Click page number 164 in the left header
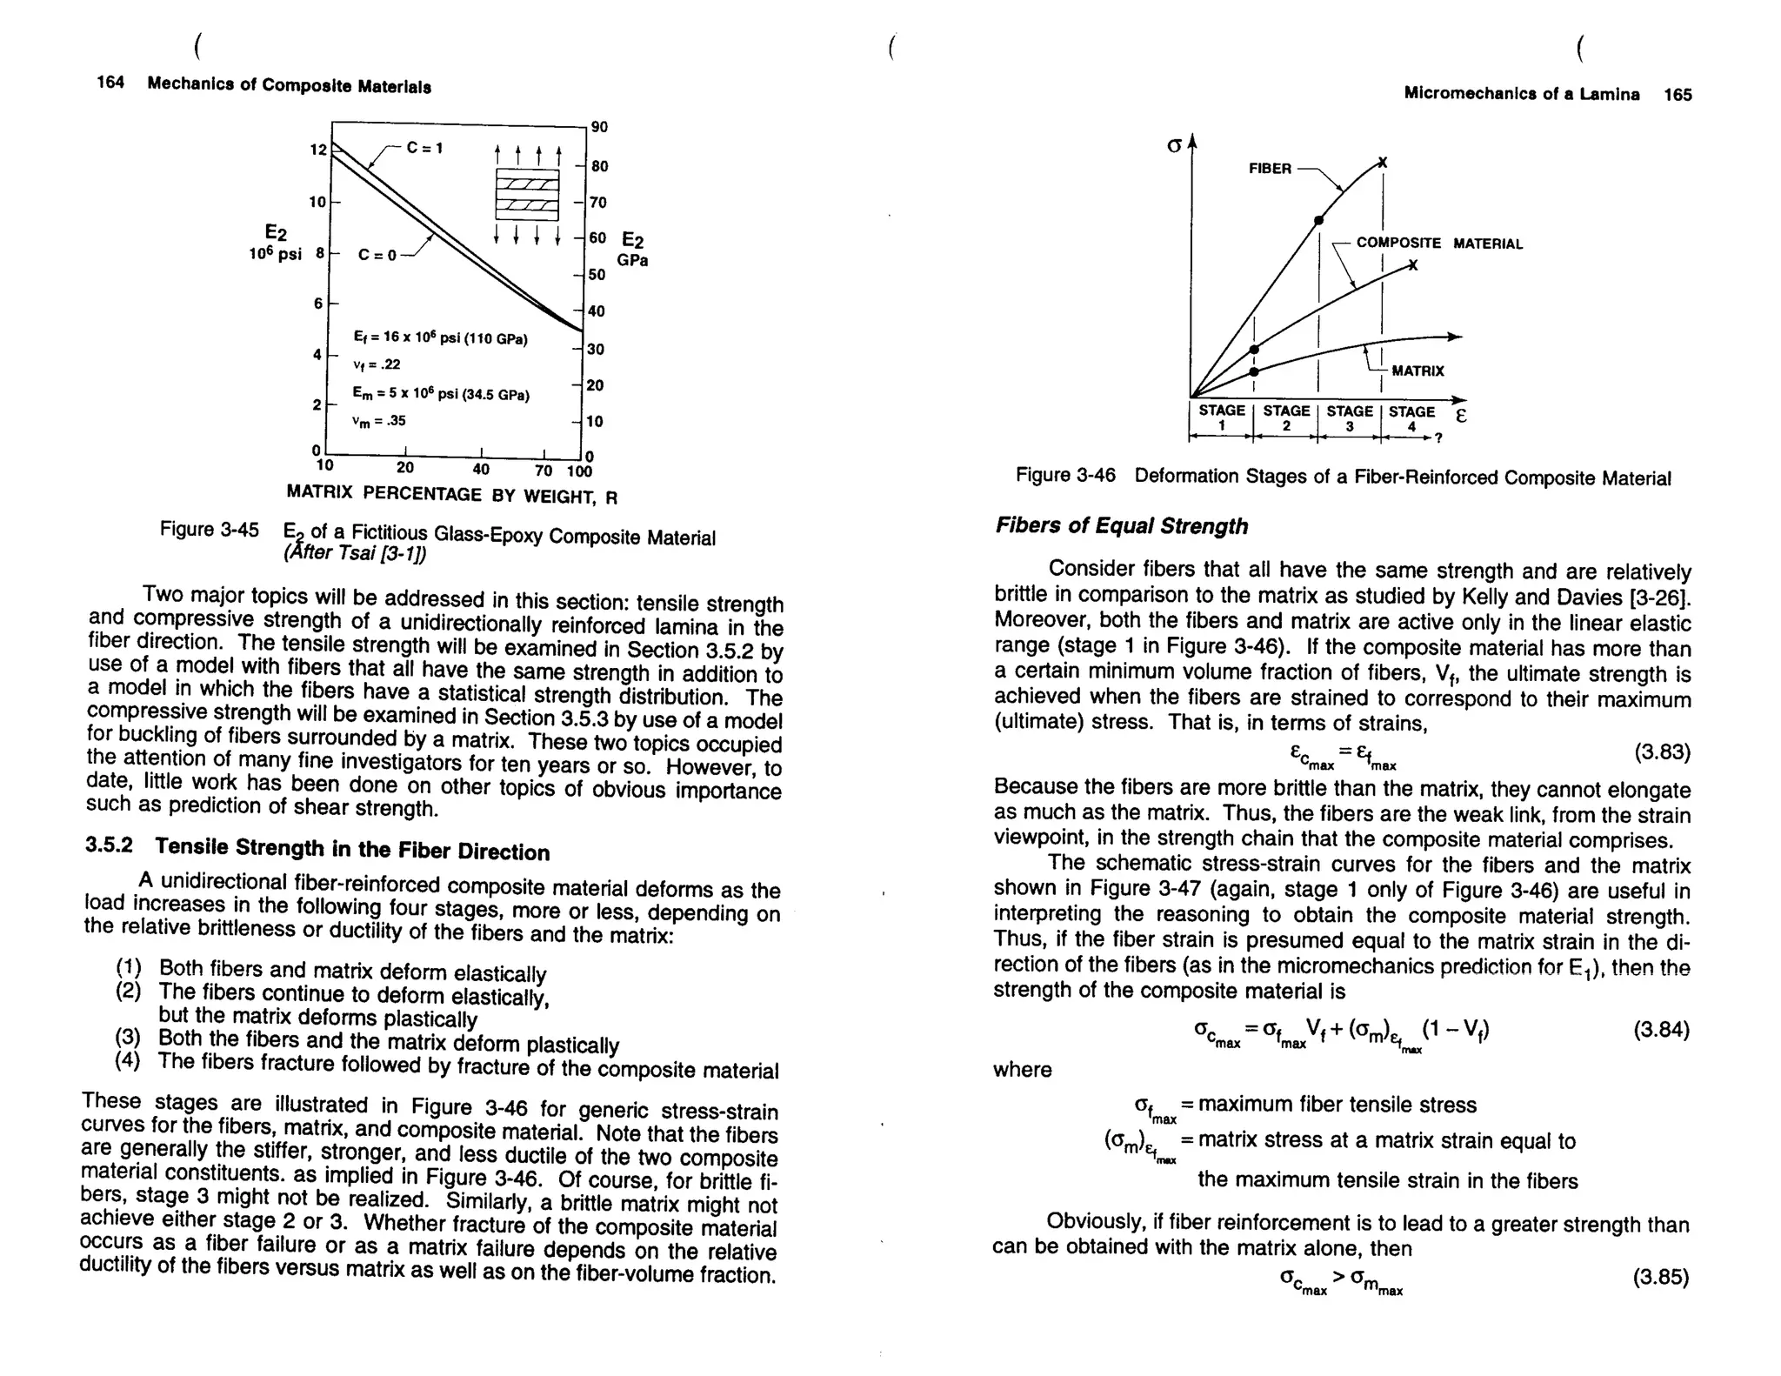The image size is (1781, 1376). click(x=110, y=83)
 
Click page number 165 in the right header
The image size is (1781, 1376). click(x=1678, y=95)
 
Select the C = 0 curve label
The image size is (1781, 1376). click(x=377, y=255)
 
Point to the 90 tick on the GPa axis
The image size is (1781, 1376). click(x=599, y=127)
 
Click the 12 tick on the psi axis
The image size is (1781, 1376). click(x=317, y=150)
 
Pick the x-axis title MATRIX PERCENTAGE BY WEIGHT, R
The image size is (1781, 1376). click(x=451, y=495)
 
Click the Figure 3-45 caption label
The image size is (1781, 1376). click(x=209, y=530)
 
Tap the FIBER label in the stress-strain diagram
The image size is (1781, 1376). click(x=1270, y=169)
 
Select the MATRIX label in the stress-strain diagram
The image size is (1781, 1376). click(x=1417, y=371)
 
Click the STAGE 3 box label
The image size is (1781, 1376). click(x=1350, y=418)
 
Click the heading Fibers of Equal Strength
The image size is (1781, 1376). click(x=1121, y=526)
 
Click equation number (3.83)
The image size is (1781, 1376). click(x=1662, y=752)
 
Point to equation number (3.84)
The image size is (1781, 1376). click(x=1661, y=1031)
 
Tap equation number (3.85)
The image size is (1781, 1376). click(x=1660, y=1277)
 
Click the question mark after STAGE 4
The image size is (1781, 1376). click(x=1439, y=438)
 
